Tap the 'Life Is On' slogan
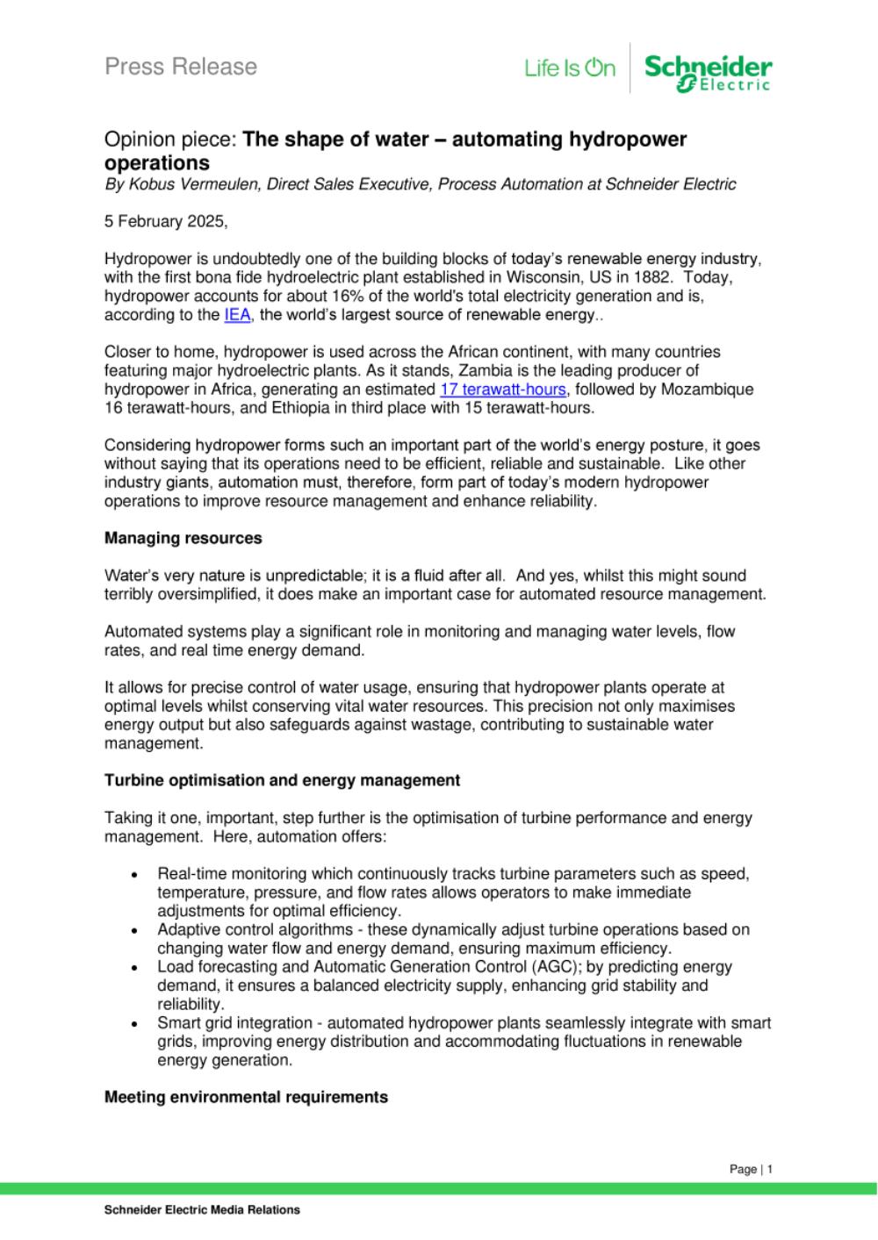pyautogui.click(x=570, y=68)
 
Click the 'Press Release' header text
pyautogui.click(x=181, y=67)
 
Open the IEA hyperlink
pyautogui.click(x=237, y=315)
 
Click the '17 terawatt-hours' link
pyautogui.click(x=502, y=389)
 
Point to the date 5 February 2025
pyautogui.click(x=165, y=222)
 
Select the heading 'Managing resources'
pyautogui.click(x=183, y=538)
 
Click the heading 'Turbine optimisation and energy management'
pyautogui.click(x=282, y=780)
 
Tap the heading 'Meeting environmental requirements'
pyautogui.click(x=246, y=1097)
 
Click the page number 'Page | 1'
pyautogui.click(x=751, y=1169)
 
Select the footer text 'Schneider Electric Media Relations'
pyautogui.click(x=202, y=1210)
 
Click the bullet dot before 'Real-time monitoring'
pyautogui.click(x=134, y=875)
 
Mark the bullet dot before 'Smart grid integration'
pyautogui.click(x=134, y=1024)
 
